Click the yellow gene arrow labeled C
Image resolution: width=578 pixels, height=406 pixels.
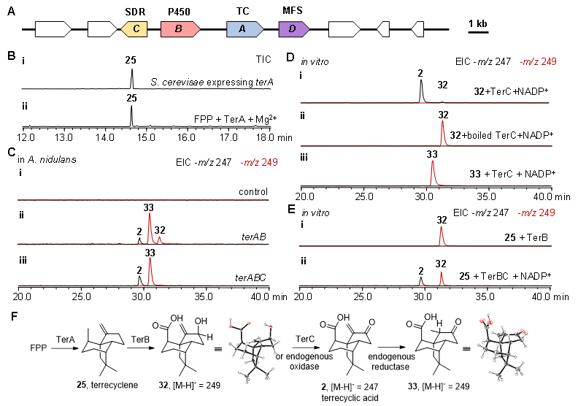(x=135, y=29)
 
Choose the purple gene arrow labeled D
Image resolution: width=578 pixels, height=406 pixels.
(x=293, y=29)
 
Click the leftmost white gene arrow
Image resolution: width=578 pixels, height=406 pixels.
(x=53, y=29)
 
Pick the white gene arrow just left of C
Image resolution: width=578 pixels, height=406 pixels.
(x=101, y=29)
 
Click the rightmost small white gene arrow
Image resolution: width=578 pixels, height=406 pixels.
(x=417, y=29)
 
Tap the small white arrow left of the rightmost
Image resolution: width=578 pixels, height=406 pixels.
(x=383, y=29)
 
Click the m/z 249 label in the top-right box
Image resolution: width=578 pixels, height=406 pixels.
(x=538, y=62)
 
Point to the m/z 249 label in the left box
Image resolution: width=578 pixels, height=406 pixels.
(x=259, y=162)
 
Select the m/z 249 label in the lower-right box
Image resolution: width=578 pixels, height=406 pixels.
(x=536, y=212)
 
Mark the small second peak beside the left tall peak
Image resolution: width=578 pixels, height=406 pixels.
(x=159, y=238)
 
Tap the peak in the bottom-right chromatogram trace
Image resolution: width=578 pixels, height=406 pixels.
(x=442, y=277)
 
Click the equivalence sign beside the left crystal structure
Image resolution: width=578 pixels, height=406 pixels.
(x=217, y=348)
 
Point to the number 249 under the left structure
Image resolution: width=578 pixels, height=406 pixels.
(x=213, y=384)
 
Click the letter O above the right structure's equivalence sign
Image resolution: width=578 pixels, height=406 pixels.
(x=458, y=321)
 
